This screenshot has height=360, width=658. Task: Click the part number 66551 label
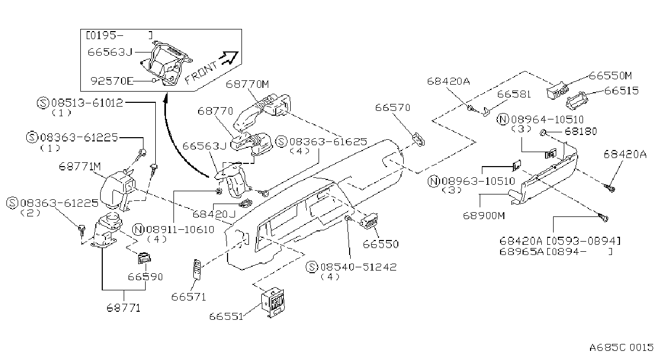point(226,317)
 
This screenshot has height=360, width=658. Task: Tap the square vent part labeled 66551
point(273,302)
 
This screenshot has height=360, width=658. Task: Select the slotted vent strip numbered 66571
point(196,270)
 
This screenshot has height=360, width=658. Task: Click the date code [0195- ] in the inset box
point(119,35)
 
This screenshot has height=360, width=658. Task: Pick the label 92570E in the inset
point(112,81)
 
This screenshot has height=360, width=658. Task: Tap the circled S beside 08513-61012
point(43,103)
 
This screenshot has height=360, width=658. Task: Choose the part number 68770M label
point(247,84)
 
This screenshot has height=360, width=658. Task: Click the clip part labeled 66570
point(418,140)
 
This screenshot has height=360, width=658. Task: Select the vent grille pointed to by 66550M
point(557,90)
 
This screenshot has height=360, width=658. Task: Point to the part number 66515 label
point(621,91)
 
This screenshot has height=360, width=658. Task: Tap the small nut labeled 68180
point(542,133)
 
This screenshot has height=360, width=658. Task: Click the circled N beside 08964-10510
point(503,119)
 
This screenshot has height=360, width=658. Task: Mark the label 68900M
point(484,216)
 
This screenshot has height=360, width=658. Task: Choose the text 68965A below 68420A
point(521,252)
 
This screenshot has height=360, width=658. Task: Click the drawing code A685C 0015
point(622,348)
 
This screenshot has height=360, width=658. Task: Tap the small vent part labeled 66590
point(144,258)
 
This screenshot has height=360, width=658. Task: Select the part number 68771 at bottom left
point(123,308)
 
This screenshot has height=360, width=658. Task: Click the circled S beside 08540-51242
point(312,267)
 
